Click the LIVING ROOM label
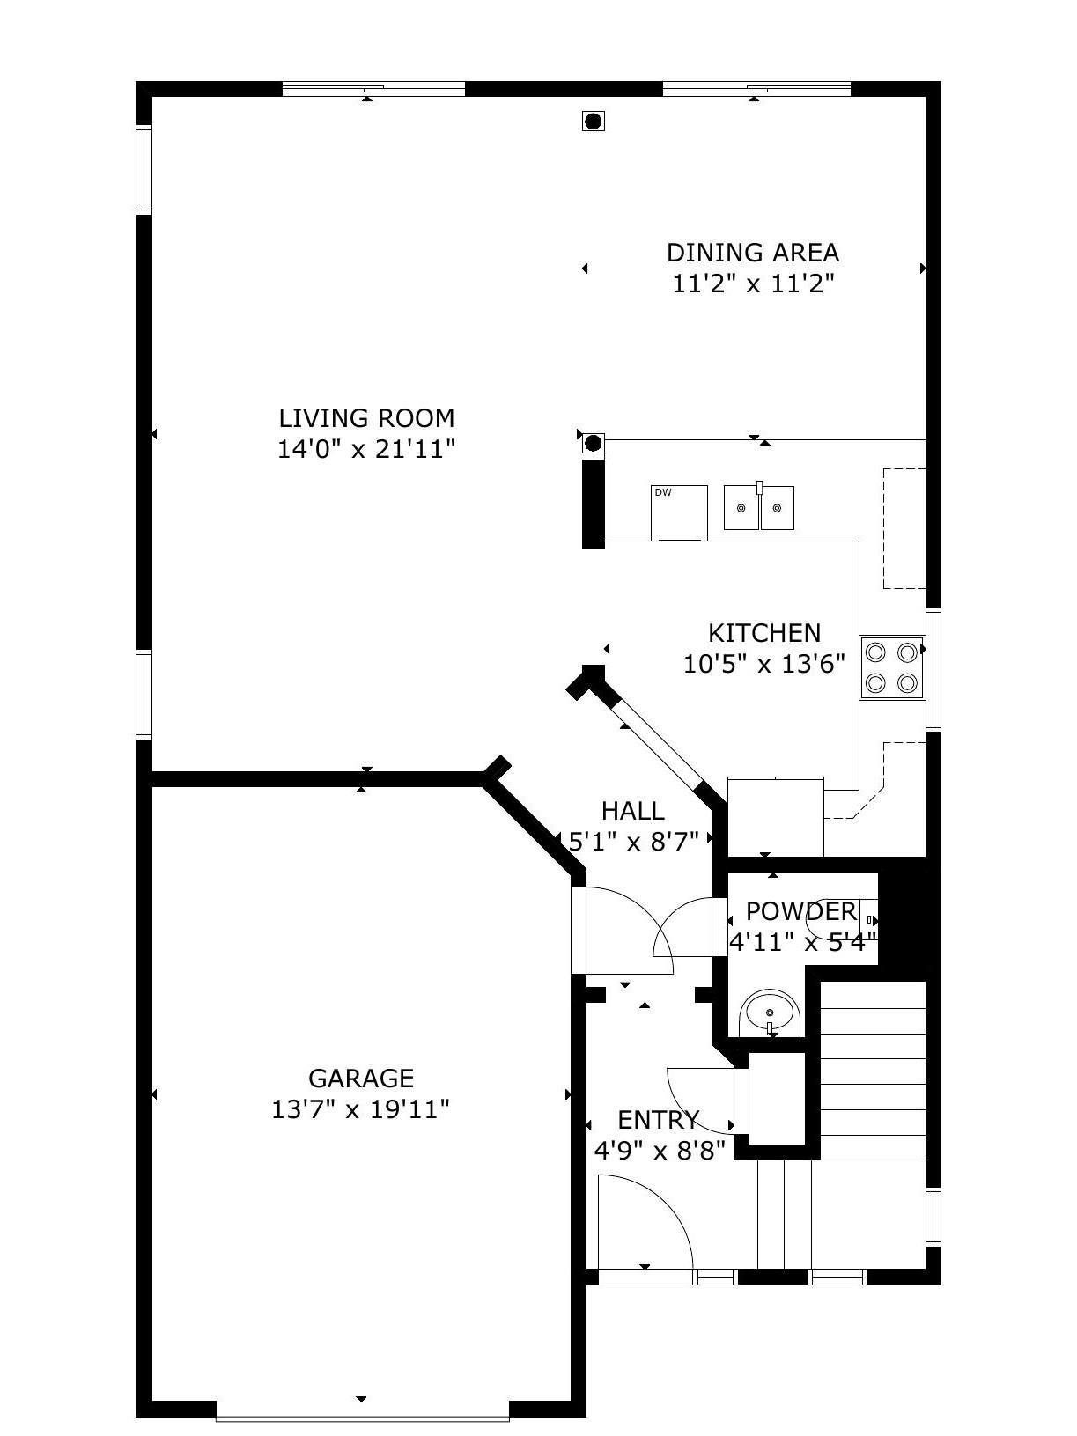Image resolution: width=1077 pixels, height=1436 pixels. pyautogui.click(x=366, y=418)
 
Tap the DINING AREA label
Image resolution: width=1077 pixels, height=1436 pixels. pyautogui.click(x=752, y=253)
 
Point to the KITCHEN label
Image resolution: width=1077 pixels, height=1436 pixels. pyautogui.click(x=764, y=633)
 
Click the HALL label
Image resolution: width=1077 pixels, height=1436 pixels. pyautogui.click(x=632, y=811)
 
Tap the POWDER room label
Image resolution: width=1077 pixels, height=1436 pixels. pyautogui.click(x=800, y=910)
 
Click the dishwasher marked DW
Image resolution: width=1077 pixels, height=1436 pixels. pyautogui.click(x=679, y=513)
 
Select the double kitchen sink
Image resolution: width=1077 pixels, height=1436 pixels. pyautogui.click(x=759, y=507)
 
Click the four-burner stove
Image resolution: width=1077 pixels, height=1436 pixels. pyautogui.click(x=891, y=668)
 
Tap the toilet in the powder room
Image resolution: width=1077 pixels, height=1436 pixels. pyautogui.click(x=840, y=918)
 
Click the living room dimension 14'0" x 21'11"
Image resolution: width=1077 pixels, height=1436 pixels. pyautogui.click(x=366, y=449)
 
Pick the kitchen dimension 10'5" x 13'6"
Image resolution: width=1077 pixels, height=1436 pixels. pyautogui.click(x=764, y=665)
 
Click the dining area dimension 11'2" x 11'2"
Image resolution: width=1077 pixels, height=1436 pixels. pyautogui.click(x=754, y=284)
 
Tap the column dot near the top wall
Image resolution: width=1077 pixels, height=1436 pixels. pyautogui.click(x=593, y=121)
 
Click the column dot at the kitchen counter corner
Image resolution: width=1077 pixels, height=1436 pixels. pyautogui.click(x=593, y=444)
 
